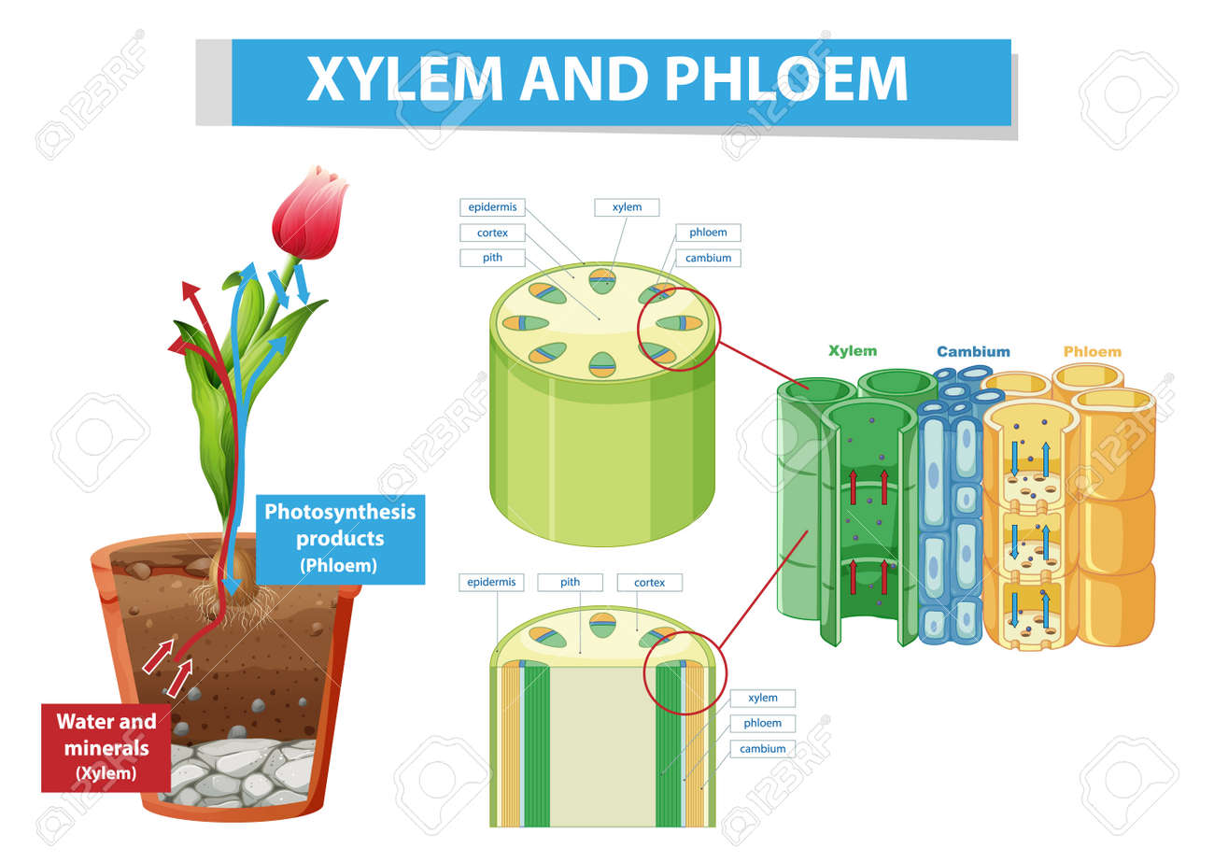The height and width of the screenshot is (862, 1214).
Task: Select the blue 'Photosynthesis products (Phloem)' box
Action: [x=340, y=538]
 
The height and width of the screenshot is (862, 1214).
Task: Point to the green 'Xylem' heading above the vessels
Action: [x=853, y=351]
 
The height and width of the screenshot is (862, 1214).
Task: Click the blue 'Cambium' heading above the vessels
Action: [x=973, y=352]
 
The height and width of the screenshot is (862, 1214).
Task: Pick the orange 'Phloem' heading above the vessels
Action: [x=1092, y=352]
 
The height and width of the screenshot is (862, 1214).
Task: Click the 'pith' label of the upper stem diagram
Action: [x=492, y=258]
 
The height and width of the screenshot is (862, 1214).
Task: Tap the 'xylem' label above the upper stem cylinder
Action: [x=627, y=207]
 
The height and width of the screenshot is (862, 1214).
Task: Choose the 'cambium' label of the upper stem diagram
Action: [x=708, y=258]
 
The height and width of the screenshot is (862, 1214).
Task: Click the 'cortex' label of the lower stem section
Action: [x=649, y=582]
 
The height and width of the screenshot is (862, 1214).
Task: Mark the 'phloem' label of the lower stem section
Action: [x=762, y=723]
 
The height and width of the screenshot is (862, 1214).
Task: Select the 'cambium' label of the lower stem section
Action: [x=762, y=748]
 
